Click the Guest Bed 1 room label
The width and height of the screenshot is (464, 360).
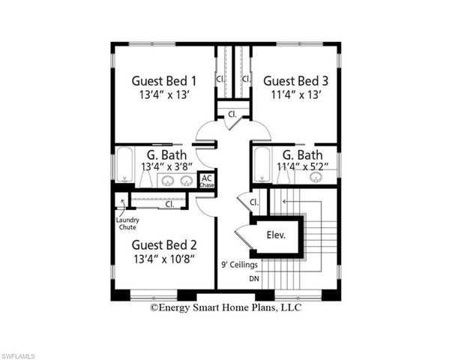click(164, 80)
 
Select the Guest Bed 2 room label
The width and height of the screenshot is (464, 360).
click(164, 244)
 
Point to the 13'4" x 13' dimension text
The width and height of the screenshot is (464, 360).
click(164, 95)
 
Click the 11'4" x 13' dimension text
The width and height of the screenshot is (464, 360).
click(296, 95)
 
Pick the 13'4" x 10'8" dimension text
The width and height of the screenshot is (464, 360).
click(164, 259)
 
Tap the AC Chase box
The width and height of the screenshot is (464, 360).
click(207, 181)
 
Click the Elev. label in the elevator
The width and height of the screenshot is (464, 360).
click(277, 235)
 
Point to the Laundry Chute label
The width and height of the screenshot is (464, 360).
click(127, 223)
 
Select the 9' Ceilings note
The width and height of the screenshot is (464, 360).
click(239, 265)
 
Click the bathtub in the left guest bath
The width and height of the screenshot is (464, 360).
click(124, 166)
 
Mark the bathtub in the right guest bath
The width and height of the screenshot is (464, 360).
click(263, 164)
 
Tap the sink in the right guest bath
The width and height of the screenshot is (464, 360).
click(316, 177)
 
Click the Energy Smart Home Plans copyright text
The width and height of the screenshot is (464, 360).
click(226, 306)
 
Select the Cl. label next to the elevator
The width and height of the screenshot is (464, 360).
click(253, 202)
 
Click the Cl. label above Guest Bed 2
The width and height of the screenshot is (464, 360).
click(169, 202)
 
